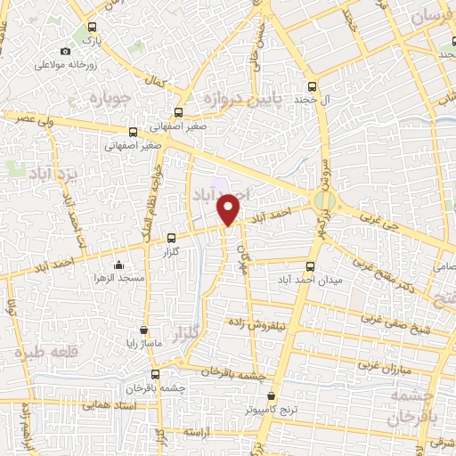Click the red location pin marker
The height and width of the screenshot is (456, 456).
pyautogui.click(x=229, y=208)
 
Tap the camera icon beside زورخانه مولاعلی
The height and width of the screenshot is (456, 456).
pyautogui.click(x=66, y=52)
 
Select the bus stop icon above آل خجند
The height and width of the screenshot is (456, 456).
pyautogui.click(x=311, y=87)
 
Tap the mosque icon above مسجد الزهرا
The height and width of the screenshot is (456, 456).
pyautogui.click(x=119, y=265)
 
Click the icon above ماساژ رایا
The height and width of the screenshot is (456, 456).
pyautogui.click(x=143, y=330)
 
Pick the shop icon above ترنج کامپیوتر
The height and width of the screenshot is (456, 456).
pyautogui.click(x=272, y=397)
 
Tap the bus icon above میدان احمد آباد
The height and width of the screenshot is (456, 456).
pyautogui.click(x=311, y=265)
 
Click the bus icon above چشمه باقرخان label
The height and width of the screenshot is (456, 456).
pyautogui.click(x=156, y=374)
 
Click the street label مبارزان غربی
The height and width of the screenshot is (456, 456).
pyautogui.click(x=382, y=366)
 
